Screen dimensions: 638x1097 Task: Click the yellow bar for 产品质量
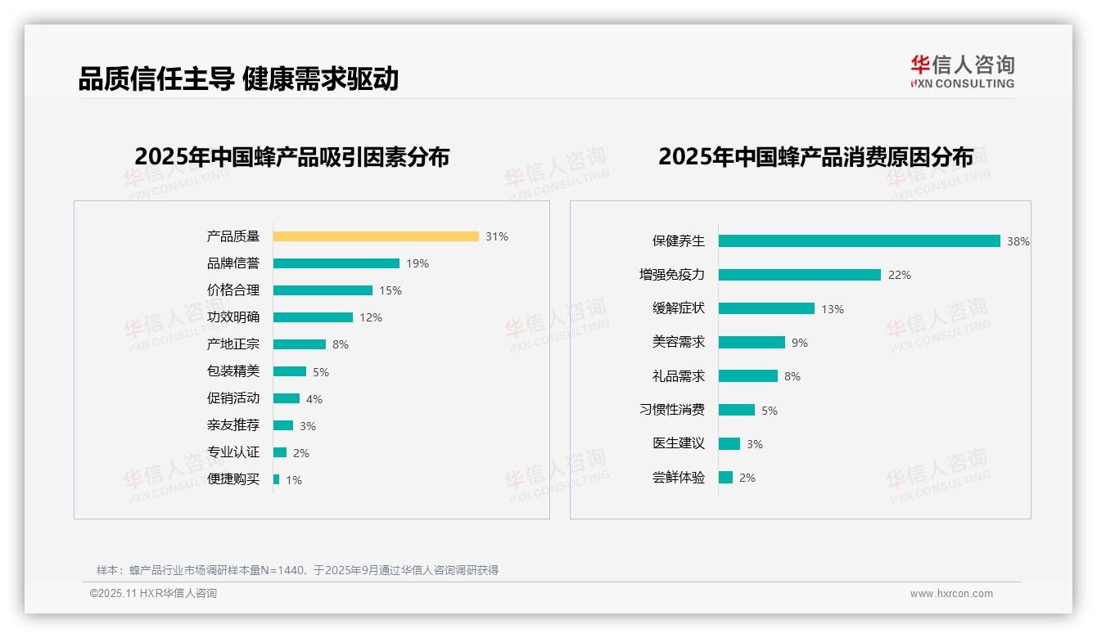click(x=376, y=236)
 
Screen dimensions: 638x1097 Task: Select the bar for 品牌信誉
click(x=336, y=263)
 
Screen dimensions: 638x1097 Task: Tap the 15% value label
click(x=390, y=290)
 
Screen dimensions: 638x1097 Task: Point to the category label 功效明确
click(x=232, y=317)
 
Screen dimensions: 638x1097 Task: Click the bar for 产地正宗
click(x=299, y=344)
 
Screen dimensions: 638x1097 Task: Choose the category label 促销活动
click(x=232, y=398)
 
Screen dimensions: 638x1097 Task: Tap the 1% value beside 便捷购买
click(x=293, y=480)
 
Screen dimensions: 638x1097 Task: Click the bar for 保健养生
click(x=859, y=241)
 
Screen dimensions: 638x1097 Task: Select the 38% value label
click(x=1018, y=241)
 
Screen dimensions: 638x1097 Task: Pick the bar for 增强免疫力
click(x=799, y=275)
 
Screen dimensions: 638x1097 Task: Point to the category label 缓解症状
click(x=678, y=308)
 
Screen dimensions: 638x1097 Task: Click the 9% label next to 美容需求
click(x=799, y=343)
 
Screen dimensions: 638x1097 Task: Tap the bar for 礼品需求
click(x=747, y=376)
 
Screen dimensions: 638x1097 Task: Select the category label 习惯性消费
click(x=671, y=410)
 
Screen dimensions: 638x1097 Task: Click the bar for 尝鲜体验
click(x=725, y=478)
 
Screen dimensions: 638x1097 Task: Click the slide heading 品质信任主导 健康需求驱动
click(x=238, y=79)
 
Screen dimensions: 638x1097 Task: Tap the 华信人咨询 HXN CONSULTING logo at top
click(x=962, y=72)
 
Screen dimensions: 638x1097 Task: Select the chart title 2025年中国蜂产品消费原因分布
click(x=815, y=156)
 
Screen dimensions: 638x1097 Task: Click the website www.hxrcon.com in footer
click(x=950, y=594)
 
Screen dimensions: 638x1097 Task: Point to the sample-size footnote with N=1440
click(x=297, y=570)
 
